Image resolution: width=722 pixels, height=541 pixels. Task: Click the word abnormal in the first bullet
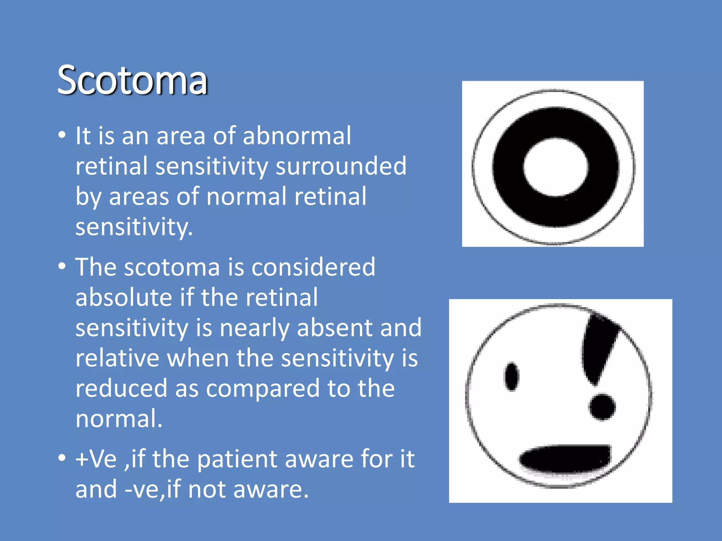pyautogui.click(x=297, y=136)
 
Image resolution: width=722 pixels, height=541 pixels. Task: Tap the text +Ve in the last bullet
pyautogui.click(x=96, y=459)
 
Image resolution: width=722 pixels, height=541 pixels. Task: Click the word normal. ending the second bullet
pyautogui.click(x=119, y=419)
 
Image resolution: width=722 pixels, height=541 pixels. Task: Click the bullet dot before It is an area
pyautogui.click(x=62, y=135)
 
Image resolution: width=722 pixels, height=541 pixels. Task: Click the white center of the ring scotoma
pyautogui.click(x=556, y=167)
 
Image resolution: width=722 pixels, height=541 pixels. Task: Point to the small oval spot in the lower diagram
pyautogui.click(x=512, y=377)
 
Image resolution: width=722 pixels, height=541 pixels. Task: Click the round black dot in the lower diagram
pyautogui.click(x=602, y=407)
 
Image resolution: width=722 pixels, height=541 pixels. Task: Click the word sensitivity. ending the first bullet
pyautogui.click(x=134, y=227)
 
